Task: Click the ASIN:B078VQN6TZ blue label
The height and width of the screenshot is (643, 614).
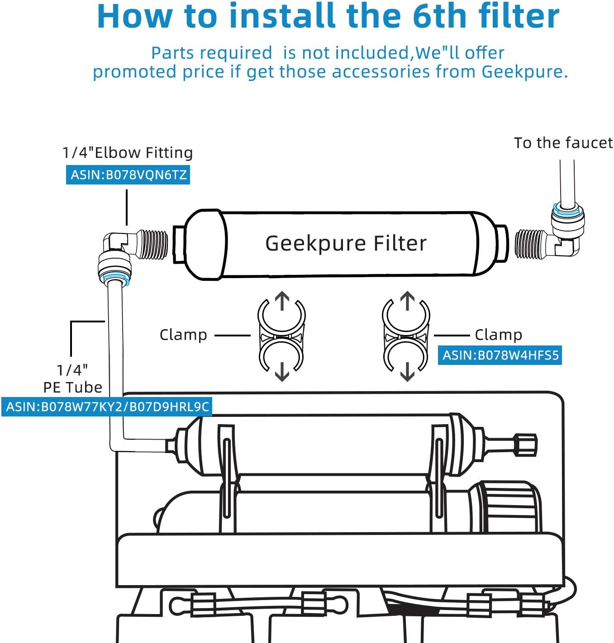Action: pyautogui.click(x=128, y=175)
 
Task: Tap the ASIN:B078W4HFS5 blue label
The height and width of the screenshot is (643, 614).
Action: pyautogui.click(x=500, y=355)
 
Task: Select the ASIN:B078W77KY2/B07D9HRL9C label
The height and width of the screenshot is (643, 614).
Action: pyautogui.click(x=107, y=407)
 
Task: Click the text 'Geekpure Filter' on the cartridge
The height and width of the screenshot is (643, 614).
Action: pyautogui.click(x=346, y=244)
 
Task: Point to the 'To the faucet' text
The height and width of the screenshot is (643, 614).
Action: pyautogui.click(x=563, y=143)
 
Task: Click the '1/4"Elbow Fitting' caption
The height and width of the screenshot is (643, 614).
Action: pyautogui.click(x=128, y=153)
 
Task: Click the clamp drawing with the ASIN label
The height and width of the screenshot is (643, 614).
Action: pyautogui.click(x=406, y=336)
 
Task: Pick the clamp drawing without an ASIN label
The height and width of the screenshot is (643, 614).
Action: pyautogui.click(x=281, y=336)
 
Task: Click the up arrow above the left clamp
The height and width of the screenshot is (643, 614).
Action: pyautogui.click(x=282, y=301)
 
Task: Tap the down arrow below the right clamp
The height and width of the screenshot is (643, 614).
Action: pyautogui.click(x=407, y=372)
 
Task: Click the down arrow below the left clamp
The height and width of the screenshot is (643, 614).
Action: pyautogui.click(x=282, y=372)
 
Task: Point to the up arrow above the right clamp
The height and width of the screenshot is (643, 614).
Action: pyautogui.click(x=407, y=301)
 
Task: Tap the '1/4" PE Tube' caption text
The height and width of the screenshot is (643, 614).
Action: pyautogui.click(x=73, y=379)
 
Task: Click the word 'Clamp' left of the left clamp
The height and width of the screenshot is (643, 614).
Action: pyautogui.click(x=183, y=335)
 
